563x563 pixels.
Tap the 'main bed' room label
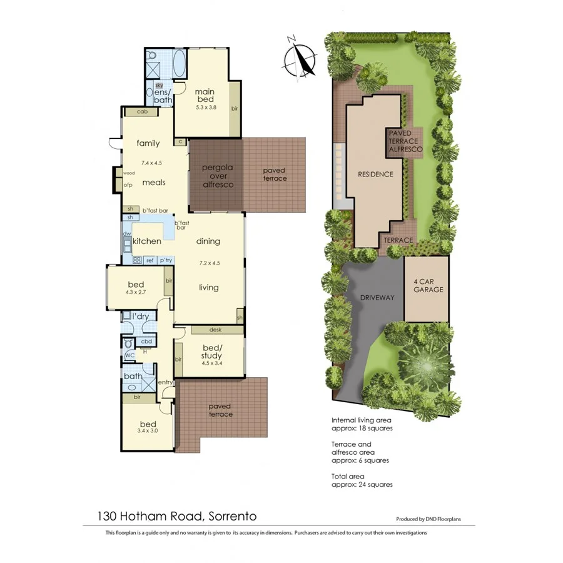[x=205, y=94]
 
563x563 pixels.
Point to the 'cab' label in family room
[x=142, y=112]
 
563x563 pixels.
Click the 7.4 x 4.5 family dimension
[x=151, y=163]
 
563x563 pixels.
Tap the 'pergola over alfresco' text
[x=217, y=176]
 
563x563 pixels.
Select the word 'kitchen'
[x=147, y=241]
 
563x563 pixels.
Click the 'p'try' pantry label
[x=165, y=260]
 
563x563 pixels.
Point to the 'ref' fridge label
[x=150, y=260]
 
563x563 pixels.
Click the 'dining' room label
[x=208, y=241]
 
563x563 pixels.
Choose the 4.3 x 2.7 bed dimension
[x=136, y=292]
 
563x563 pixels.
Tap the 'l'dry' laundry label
[x=140, y=317]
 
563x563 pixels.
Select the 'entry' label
[x=166, y=382]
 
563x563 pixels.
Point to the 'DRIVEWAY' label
[x=377, y=298]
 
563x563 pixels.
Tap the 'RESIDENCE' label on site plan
[x=375, y=174]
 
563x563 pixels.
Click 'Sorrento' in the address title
[x=231, y=517]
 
